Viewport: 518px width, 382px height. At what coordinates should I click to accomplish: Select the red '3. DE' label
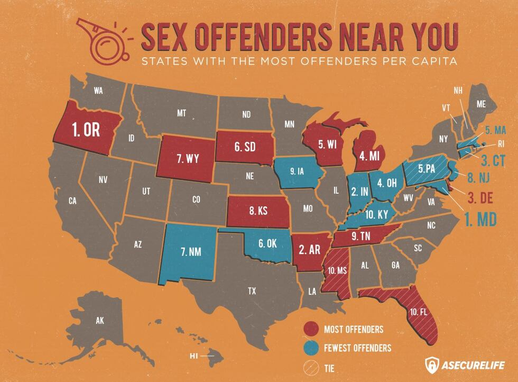(x=479, y=199)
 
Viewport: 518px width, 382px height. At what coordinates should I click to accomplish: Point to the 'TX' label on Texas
(x=252, y=290)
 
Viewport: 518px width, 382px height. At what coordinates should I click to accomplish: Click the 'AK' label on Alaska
(x=100, y=321)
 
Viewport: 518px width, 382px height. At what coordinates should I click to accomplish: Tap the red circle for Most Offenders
(x=311, y=329)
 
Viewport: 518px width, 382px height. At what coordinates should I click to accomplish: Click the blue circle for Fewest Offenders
(x=311, y=348)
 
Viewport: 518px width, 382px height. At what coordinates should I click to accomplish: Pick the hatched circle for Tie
(x=311, y=367)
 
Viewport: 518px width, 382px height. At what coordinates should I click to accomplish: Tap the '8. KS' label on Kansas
(x=258, y=210)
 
